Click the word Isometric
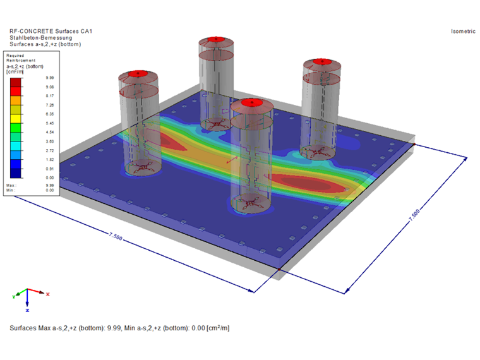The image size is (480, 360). pos(463,31)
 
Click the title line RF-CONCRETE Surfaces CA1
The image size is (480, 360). pos(51,31)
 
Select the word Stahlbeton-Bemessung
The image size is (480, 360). pos(40,38)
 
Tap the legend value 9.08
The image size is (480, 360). pos(50,87)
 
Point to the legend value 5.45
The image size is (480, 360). pos(50,123)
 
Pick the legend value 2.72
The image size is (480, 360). pos(50,150)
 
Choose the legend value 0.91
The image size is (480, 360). pos(50,169)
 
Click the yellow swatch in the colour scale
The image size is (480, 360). pos(16,119)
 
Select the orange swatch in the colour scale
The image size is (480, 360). pos(16,100)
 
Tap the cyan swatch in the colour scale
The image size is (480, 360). pos(16,146)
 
